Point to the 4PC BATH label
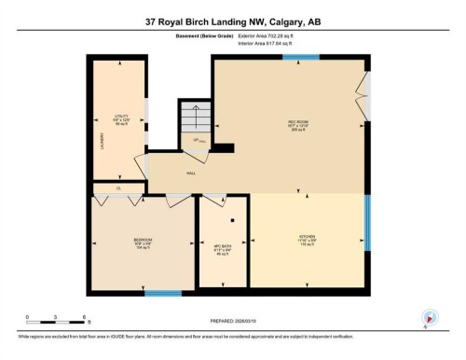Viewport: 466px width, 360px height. (223, 246)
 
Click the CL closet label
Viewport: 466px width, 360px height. (118, 188)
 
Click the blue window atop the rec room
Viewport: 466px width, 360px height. (301, 57)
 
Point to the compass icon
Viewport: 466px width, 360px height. (430, 316)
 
